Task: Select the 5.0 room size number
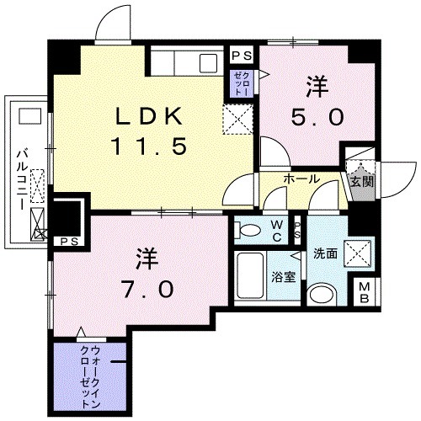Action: (x=317, y=118)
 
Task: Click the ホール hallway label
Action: (x=300, y=179)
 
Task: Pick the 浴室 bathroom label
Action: (x=283, y=277)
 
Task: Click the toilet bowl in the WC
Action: (x=249, y=229)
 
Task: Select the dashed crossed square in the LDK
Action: (x=237, y=119)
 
